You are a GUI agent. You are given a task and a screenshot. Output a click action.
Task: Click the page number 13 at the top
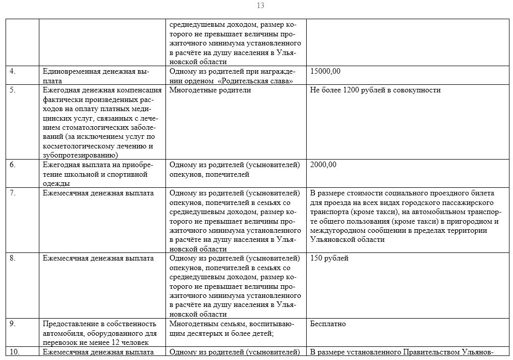pyautogui.click(x=260, y=6)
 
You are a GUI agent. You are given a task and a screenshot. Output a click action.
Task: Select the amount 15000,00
pyautogui.click(x=325, y=71)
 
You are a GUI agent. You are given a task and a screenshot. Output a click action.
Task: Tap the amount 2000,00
pyautogui.click(x=323, y=165)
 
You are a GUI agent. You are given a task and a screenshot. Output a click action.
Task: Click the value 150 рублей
pyautogui.click(x=329, y=258)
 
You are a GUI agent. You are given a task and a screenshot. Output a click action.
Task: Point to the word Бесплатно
pyautogui.click(x=328, y=324)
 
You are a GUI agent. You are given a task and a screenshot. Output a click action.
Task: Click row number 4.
pyautogui.click(x=13, y=71)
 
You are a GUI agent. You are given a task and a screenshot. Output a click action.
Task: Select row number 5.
pyautogui.click(x=13, y=90)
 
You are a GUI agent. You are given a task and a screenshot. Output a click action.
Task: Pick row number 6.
pyautogui.click(x=13, y=165)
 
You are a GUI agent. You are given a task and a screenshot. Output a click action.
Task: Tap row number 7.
pyautogui.click(x=13, y=193)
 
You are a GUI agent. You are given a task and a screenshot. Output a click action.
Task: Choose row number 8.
pyautogui.click(x=13, y=258)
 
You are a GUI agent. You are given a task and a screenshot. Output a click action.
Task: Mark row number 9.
pyautogui.click(x=13, y=324)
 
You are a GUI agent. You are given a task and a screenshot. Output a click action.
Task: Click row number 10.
pyautogui.click(x=15, y=352)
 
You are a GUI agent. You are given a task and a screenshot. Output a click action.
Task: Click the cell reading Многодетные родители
pyautogui.click(x=210, y=90)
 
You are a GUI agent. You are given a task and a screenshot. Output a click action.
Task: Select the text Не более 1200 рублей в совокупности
pyautogui.click(x=375, y=90)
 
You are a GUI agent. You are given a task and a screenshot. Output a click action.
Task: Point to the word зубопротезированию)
pyautogui.click(x=80, y=156)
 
